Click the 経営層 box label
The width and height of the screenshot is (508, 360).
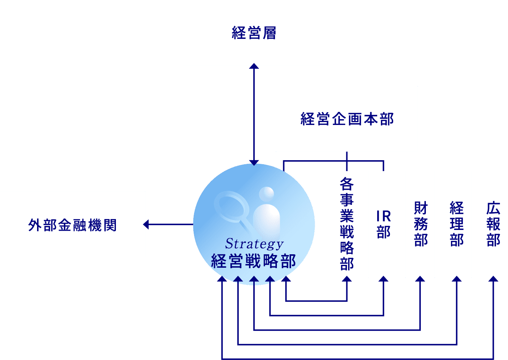254,33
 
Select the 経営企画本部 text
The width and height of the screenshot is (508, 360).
347,119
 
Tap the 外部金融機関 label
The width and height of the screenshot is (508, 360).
72,225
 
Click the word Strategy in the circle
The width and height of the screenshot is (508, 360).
254,244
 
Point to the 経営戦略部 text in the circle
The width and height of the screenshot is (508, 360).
253,261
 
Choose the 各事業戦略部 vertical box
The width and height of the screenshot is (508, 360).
347,224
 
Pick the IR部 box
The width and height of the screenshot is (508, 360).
383,224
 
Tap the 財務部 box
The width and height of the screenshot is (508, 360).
420,224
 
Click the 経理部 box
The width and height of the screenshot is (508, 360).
457,224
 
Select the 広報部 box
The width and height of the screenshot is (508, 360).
493,224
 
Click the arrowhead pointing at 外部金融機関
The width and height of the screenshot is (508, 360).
146,225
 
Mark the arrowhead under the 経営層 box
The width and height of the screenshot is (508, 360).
254,66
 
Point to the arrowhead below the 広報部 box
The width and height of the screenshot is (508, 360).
493,279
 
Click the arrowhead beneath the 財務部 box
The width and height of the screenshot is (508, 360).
420,279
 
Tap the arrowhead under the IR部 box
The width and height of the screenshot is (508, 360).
383,279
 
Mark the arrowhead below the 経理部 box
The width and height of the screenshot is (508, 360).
457,279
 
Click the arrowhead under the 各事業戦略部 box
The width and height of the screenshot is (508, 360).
347,279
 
